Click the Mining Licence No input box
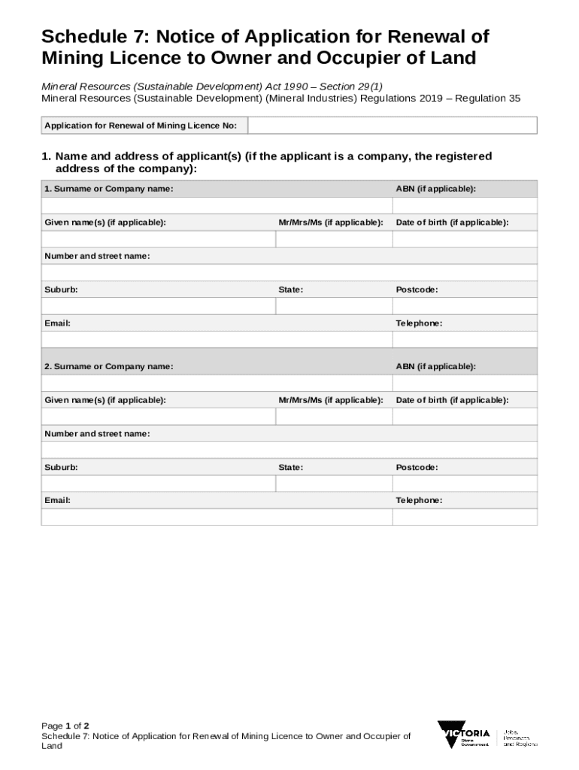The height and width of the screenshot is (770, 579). (392, 126)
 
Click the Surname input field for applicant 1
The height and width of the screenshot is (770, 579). (217, 206)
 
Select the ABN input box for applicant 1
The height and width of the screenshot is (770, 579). (465, 206)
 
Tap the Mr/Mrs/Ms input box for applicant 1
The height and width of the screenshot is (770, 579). (333, 239)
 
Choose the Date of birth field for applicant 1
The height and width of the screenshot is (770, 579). (465, 239)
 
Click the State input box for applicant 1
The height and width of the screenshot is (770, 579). (333, 306)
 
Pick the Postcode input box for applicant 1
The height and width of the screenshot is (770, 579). (465, 306)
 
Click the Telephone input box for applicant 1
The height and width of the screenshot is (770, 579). (465, 339)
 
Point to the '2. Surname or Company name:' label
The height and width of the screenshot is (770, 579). (109, 366)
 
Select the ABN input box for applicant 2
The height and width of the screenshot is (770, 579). (465, 383)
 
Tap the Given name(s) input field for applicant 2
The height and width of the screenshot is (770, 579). (158, 417)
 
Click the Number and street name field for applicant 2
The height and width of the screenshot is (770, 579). (289, 450)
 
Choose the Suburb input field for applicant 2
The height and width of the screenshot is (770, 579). (158, 484)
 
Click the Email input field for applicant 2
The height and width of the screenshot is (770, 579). (217, 517)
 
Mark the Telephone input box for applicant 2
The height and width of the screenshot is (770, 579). (465, 517)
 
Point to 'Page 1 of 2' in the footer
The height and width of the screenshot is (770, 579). (65, 726)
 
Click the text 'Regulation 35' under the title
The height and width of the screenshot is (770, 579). (487, 99)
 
